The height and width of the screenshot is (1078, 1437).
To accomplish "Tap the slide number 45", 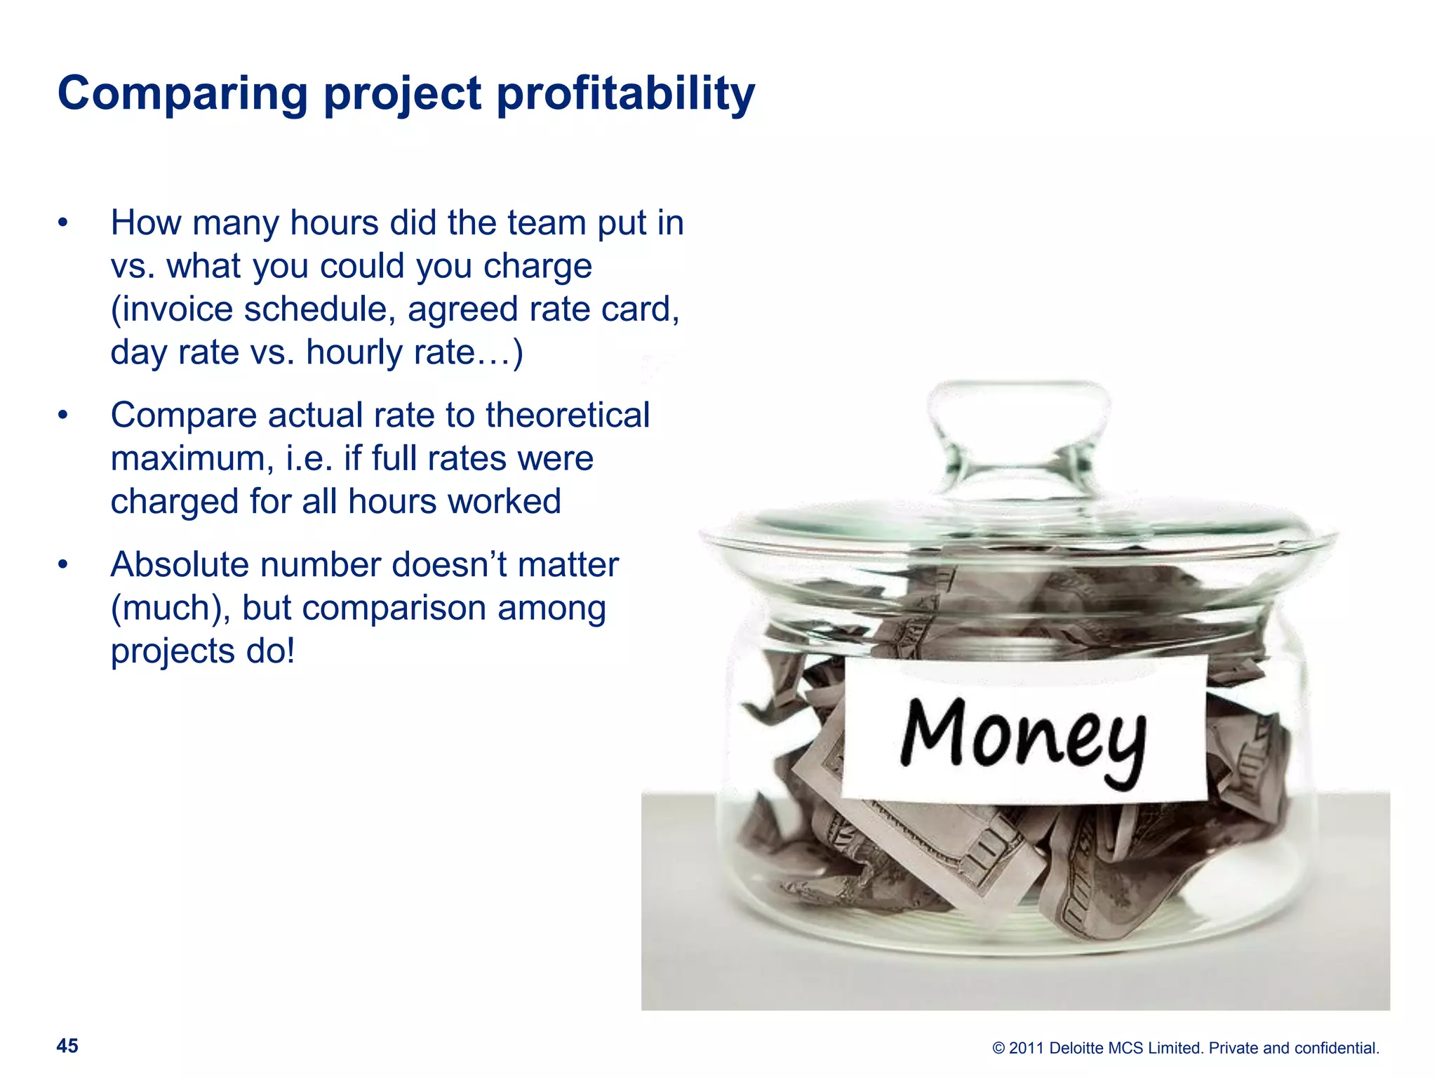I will pos(67,1046).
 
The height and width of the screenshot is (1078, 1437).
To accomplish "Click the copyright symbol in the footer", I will pos(998,1049).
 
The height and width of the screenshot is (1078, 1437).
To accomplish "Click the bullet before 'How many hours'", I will pos(63,223).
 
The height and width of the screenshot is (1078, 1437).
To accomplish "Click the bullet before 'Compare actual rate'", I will pos(63,415).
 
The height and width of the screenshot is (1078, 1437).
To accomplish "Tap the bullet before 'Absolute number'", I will pos(63,565).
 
